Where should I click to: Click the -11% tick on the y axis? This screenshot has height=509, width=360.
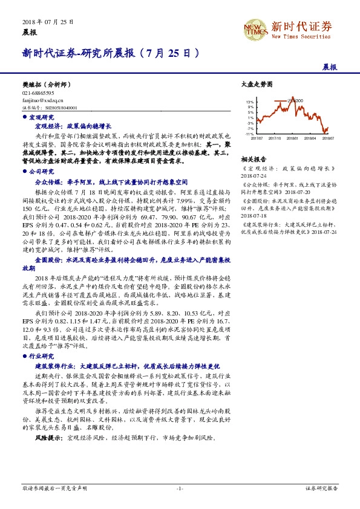[249, 134]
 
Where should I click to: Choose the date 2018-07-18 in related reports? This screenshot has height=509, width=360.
[257, 214]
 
